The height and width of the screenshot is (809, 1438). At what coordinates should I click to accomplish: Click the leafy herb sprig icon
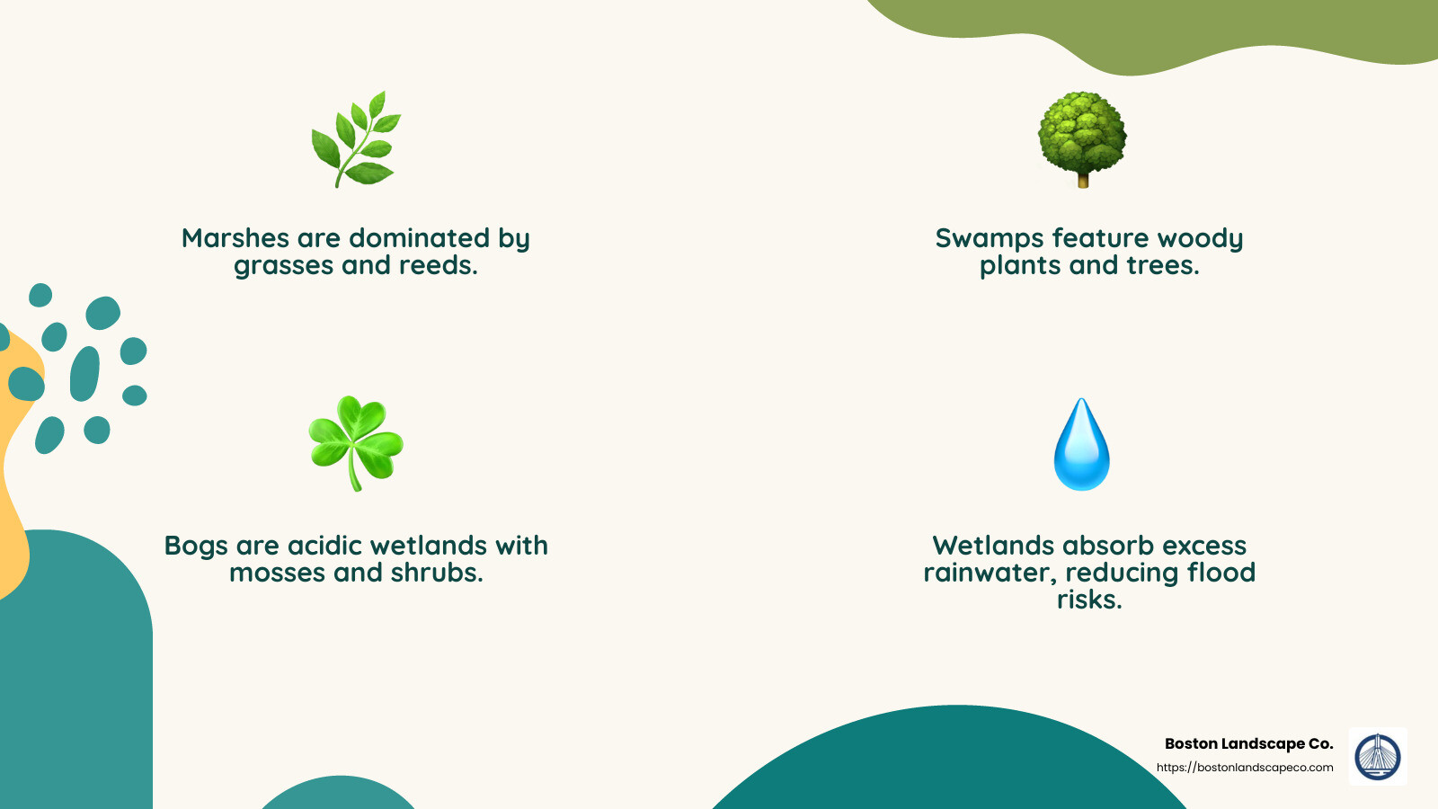pos(356,139)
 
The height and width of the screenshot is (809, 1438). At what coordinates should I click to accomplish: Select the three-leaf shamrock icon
pos(356,442)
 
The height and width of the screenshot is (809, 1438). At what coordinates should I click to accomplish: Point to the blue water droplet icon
pos(1082,445)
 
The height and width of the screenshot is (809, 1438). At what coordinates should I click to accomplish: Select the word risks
pos(1089,600)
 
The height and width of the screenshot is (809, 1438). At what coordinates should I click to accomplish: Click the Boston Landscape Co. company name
pos(1248,743)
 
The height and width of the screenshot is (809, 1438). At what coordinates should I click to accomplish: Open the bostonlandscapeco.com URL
pos(1245,768)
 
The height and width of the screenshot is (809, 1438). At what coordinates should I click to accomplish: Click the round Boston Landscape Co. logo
pos(1378,756)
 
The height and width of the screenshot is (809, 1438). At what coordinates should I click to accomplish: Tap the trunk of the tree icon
pos(1083,180)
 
